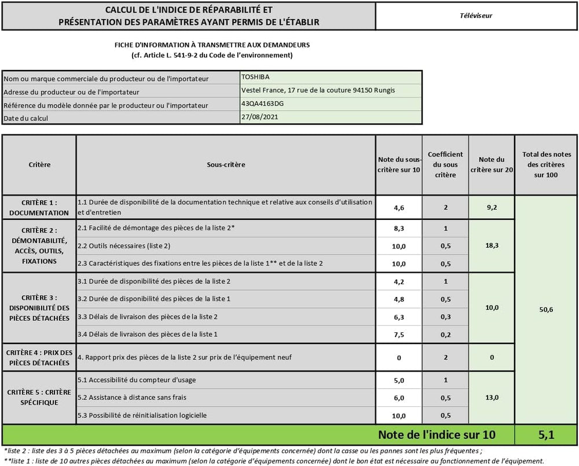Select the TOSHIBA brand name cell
[255, 77]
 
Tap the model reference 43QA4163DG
[263, 104]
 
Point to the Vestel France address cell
[330, 90]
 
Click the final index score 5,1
[546, 434]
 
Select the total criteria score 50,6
[546, 310]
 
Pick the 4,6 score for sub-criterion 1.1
[399, 207]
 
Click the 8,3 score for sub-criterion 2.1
[399, 229]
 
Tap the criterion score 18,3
[492, 245]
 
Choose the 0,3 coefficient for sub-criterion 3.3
[445, 317]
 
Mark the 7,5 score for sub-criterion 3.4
[399, 334]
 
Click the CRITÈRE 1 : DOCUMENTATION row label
[39, 207]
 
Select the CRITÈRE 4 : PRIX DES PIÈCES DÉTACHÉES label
[39, 358]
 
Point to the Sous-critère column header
[226, 164]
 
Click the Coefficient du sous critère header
[445, 164]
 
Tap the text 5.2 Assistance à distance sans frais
[132, 398]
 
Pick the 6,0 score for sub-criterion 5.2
[399, 398]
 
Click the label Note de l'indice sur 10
[437, 434]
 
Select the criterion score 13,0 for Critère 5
[492, 397]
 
